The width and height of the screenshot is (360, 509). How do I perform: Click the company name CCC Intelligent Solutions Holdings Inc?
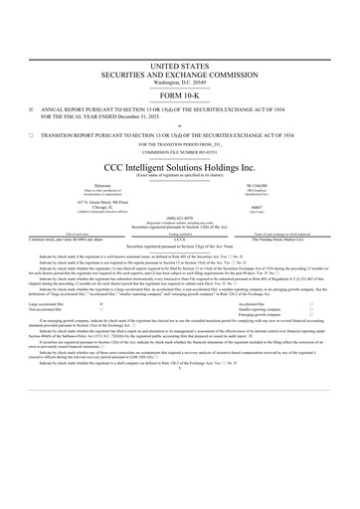coord(180,166)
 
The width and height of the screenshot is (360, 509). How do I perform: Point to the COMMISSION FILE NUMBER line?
coord(180,150)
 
